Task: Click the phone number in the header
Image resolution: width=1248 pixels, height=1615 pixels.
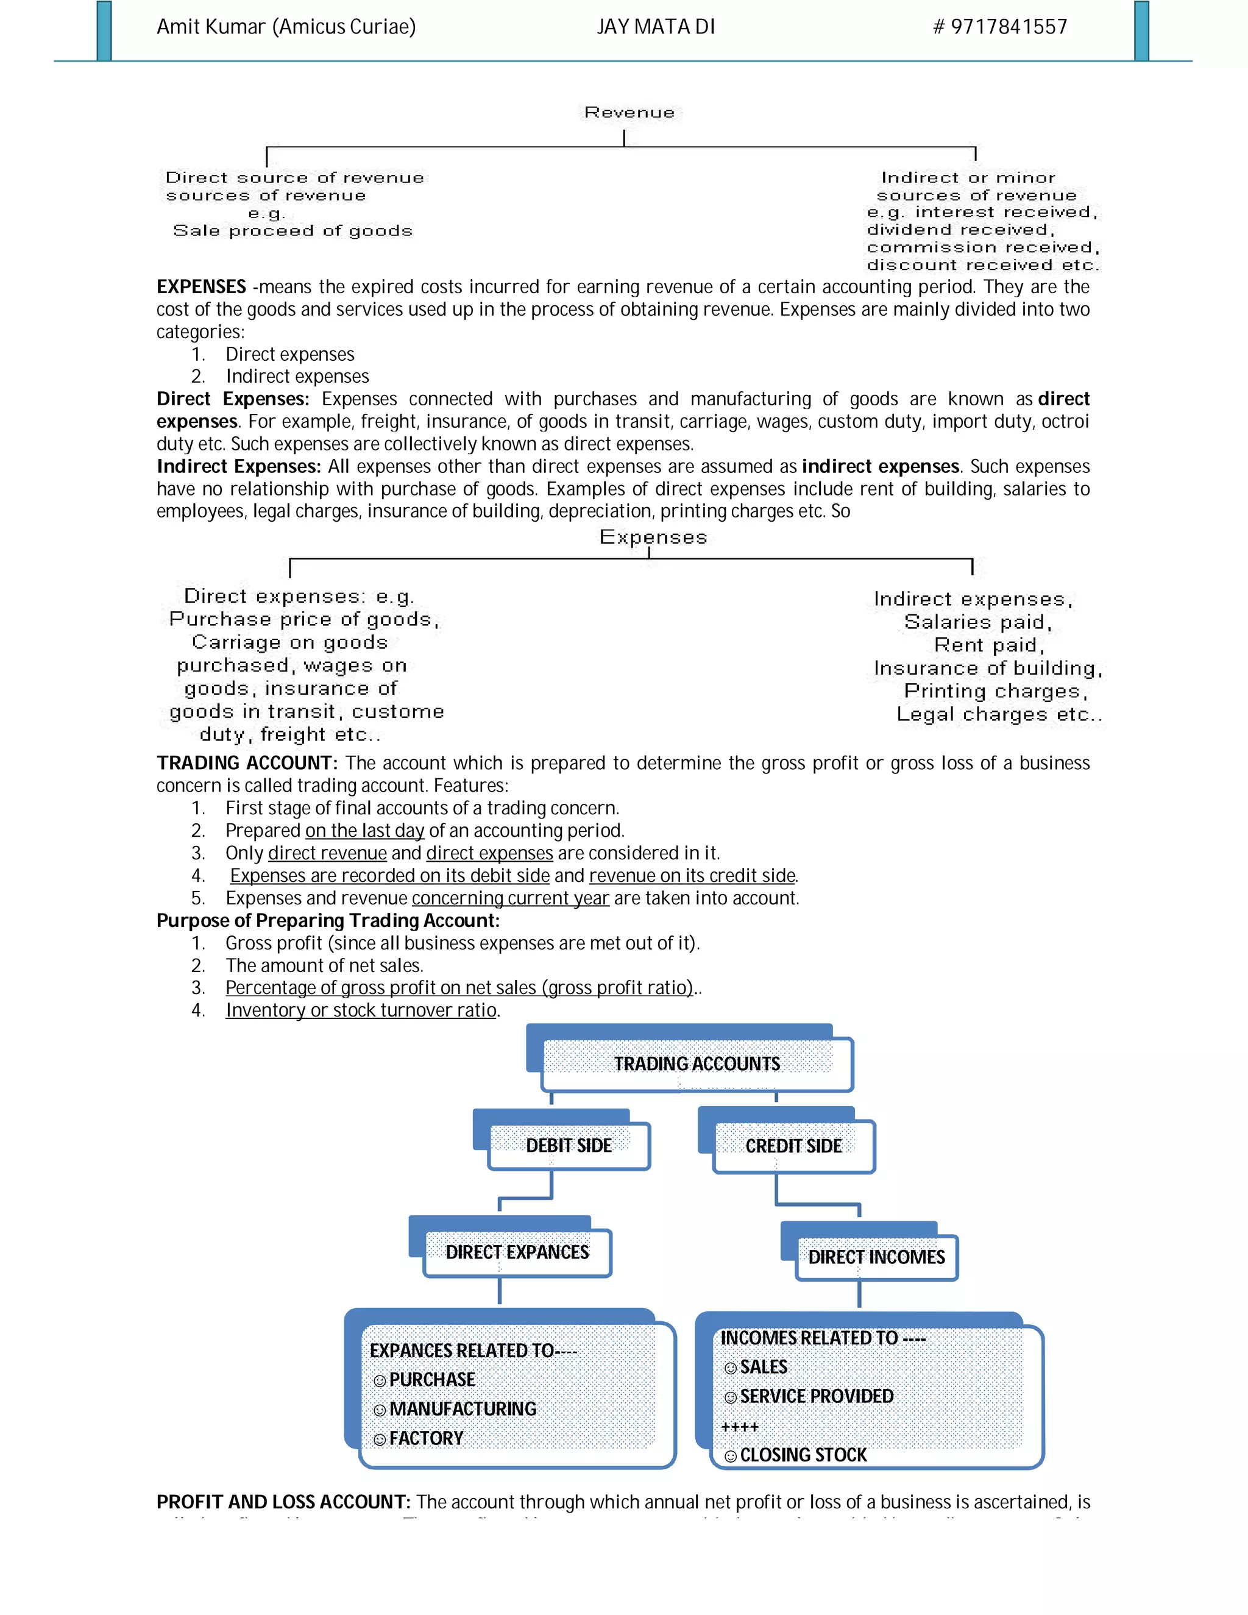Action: tap(999, 27)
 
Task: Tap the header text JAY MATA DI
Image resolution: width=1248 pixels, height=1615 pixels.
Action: tap(656, 27)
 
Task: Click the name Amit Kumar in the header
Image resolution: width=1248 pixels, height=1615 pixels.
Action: tap(211, 27)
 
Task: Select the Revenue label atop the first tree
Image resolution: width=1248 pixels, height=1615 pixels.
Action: tap(629, 112)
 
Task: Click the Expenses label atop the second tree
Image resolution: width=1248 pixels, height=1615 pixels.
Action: tap(653, 537)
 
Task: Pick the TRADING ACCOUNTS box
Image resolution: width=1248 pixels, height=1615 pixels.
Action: tap(697, 1063)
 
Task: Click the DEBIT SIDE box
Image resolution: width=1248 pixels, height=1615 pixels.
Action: tap(569, 1146)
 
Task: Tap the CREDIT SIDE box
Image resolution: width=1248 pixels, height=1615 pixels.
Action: tap(793, 1146)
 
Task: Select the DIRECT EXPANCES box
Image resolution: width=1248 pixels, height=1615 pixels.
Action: tap(517, 1252)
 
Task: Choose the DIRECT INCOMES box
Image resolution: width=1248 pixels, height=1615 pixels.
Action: tap(876, 1257)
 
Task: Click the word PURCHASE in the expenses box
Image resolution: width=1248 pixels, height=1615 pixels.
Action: tap(432, 1380)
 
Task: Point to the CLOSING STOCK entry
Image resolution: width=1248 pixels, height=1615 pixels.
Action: tap(803, 1455)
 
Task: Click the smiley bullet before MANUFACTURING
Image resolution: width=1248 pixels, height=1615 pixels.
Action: tap(379, 1410)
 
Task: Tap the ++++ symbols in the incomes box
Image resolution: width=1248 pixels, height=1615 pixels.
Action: tap(739, 1427)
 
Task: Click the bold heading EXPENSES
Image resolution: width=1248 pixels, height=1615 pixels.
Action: tap(201, 287)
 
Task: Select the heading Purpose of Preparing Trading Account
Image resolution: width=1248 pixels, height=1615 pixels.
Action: tap(327, 921)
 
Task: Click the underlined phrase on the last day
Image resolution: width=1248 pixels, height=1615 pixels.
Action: tap(364, 831)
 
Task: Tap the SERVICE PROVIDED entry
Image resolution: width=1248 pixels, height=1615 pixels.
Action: tap(816, 1396)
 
